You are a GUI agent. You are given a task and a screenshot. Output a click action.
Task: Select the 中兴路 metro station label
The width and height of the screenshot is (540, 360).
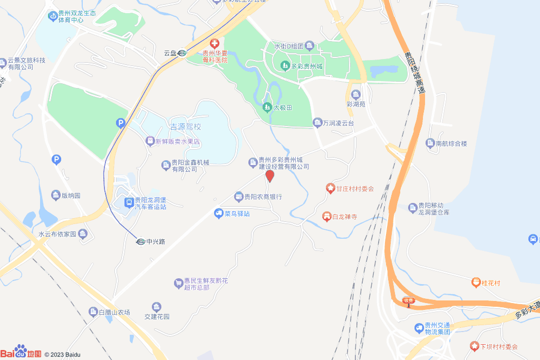(156, 242)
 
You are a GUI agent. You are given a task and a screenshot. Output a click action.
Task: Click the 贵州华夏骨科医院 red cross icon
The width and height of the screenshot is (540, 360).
(215, 43)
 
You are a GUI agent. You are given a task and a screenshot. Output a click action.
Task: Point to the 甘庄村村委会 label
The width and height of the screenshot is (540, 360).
(355, 189)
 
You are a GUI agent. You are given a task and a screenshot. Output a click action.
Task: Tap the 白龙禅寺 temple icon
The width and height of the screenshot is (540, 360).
(326, 217)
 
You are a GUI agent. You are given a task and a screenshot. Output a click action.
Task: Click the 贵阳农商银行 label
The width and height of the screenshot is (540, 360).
(263, 197)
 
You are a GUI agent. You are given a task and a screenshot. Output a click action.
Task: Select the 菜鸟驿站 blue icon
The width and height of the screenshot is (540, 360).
(218, 213)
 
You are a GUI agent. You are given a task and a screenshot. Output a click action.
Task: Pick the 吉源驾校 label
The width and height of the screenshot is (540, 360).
(185, 127)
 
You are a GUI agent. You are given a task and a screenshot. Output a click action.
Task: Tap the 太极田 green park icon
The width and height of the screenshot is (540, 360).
(267, 108)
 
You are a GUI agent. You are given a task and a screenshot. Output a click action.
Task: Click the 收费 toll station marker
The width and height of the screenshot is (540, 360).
(408, 301)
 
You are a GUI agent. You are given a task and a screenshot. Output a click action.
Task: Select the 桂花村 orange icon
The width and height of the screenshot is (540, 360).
(476, 283)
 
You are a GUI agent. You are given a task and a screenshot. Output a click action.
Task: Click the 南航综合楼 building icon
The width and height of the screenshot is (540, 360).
(430, 143)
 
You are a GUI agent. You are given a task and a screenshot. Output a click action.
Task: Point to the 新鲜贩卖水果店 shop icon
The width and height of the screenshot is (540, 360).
(150, 141)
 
